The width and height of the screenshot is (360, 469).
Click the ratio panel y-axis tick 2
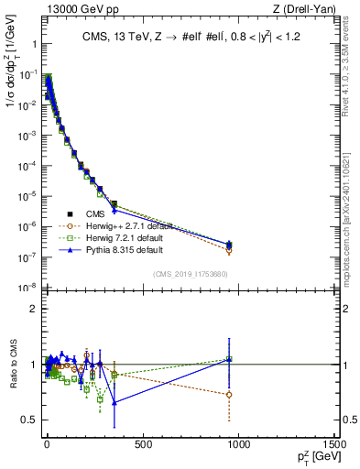(32, 309)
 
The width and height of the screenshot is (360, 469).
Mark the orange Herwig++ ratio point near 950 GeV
(229, 395)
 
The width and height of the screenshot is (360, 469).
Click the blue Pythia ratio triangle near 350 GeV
(114, 402)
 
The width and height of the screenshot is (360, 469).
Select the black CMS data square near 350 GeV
(114, 204)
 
